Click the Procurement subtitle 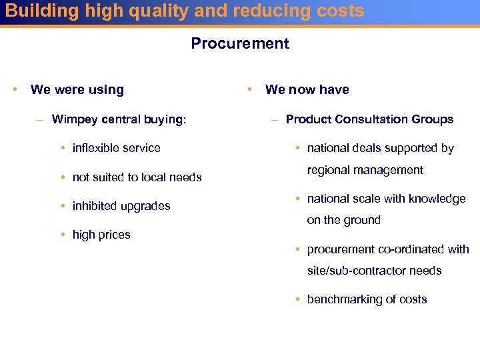240,44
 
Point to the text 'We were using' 77,90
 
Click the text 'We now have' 307,90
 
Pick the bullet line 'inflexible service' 117,148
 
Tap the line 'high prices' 101,235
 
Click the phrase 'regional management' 365,170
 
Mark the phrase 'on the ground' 343,220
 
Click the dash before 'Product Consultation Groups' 274,120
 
